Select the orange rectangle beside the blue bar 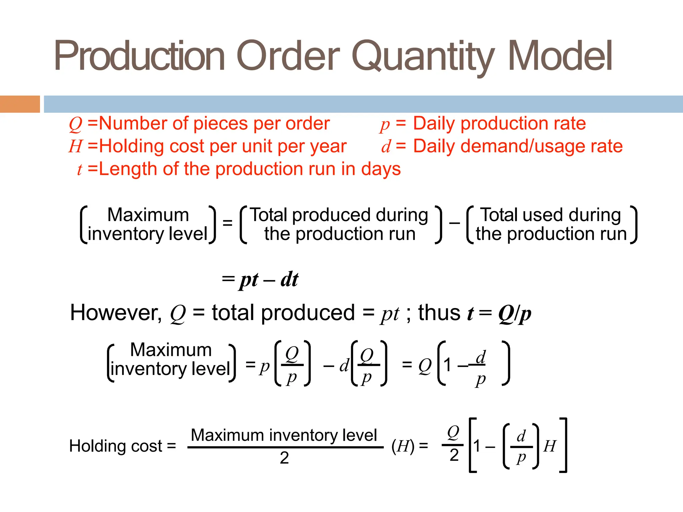[20, 104]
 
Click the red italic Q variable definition [75, 124]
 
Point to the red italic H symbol [75, 147]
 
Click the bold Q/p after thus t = [515, 314]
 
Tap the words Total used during [551, 215]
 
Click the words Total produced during [339, 215]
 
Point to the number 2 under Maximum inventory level [284, 458]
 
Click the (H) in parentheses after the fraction [403, 446]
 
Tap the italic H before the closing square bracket [550, 446]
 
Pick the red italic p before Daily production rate [385, 125]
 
